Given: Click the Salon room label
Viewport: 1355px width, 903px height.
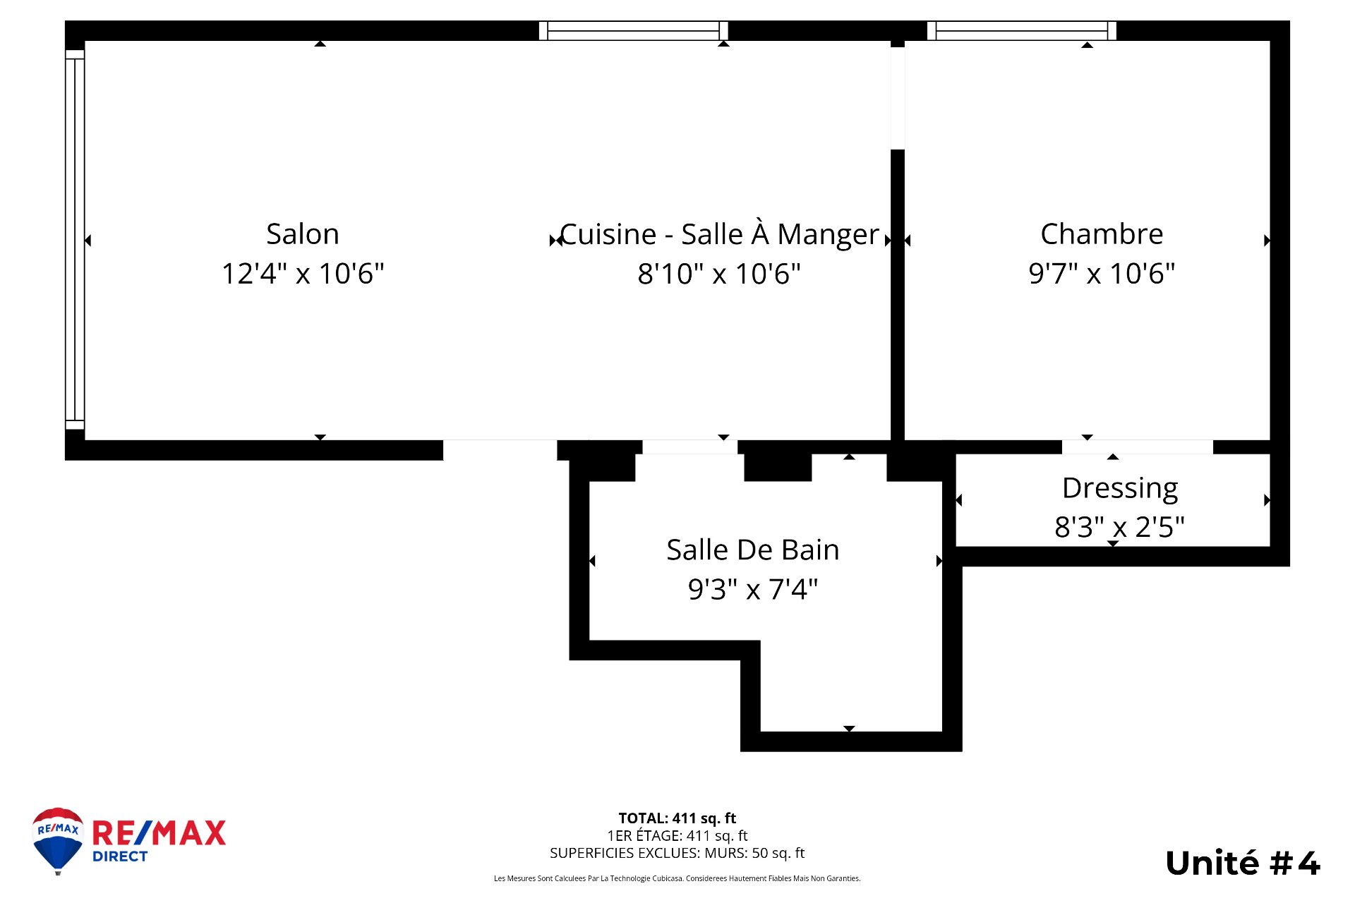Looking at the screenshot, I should [x=303, y=234].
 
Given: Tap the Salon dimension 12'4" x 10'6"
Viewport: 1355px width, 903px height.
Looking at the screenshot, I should [x=303, y=274].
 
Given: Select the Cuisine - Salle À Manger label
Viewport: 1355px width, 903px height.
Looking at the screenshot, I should [x=719, y=234].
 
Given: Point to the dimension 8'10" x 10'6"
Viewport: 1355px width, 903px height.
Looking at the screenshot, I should [x=719, y=274].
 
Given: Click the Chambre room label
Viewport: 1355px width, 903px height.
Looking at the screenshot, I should [x=1102, y=234].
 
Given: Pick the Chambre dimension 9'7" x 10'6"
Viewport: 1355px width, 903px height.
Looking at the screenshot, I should [x=1102, y=274].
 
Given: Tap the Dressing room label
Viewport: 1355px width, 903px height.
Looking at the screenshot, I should [x=1120, y=488].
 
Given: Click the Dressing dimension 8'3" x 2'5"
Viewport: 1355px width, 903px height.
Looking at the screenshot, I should [x=1120, y=527].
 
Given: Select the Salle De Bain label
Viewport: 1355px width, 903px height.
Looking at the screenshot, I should [x=753, y=550].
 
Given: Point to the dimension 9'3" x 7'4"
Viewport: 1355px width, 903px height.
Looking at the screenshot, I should [x=753, y=589].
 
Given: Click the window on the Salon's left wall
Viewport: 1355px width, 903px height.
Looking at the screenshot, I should [x=75, y=240].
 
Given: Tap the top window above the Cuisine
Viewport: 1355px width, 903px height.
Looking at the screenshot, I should [x=633, y=30].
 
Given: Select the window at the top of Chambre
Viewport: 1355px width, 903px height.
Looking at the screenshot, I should [x=1021, y=30].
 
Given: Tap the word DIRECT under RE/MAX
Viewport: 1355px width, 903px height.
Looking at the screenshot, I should [x=120, y=856].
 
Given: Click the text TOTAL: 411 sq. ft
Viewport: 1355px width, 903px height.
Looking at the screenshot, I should [x=677, y=818].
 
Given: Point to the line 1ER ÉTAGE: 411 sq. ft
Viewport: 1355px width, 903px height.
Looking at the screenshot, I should [x=677, y=836].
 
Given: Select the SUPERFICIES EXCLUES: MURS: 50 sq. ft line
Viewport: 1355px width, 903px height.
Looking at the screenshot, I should [x=677, y=853].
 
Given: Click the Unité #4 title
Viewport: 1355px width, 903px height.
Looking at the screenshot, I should [x=1242, y=863].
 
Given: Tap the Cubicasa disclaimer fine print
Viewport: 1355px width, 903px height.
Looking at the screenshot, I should [x=677, y=879].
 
